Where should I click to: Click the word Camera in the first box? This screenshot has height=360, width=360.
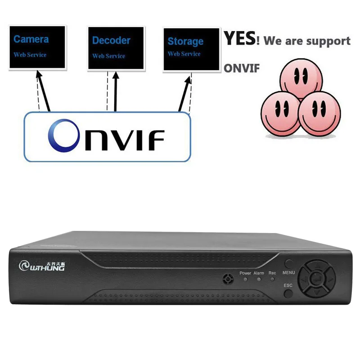31,39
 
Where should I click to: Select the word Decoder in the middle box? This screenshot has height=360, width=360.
111,40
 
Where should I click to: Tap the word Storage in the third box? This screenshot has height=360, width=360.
185,41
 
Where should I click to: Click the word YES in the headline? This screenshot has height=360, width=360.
240,39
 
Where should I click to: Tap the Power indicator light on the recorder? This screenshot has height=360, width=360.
245,279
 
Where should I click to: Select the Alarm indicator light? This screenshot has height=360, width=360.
259,279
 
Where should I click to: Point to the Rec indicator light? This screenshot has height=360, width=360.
272,279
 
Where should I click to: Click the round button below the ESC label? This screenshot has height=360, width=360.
288,293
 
